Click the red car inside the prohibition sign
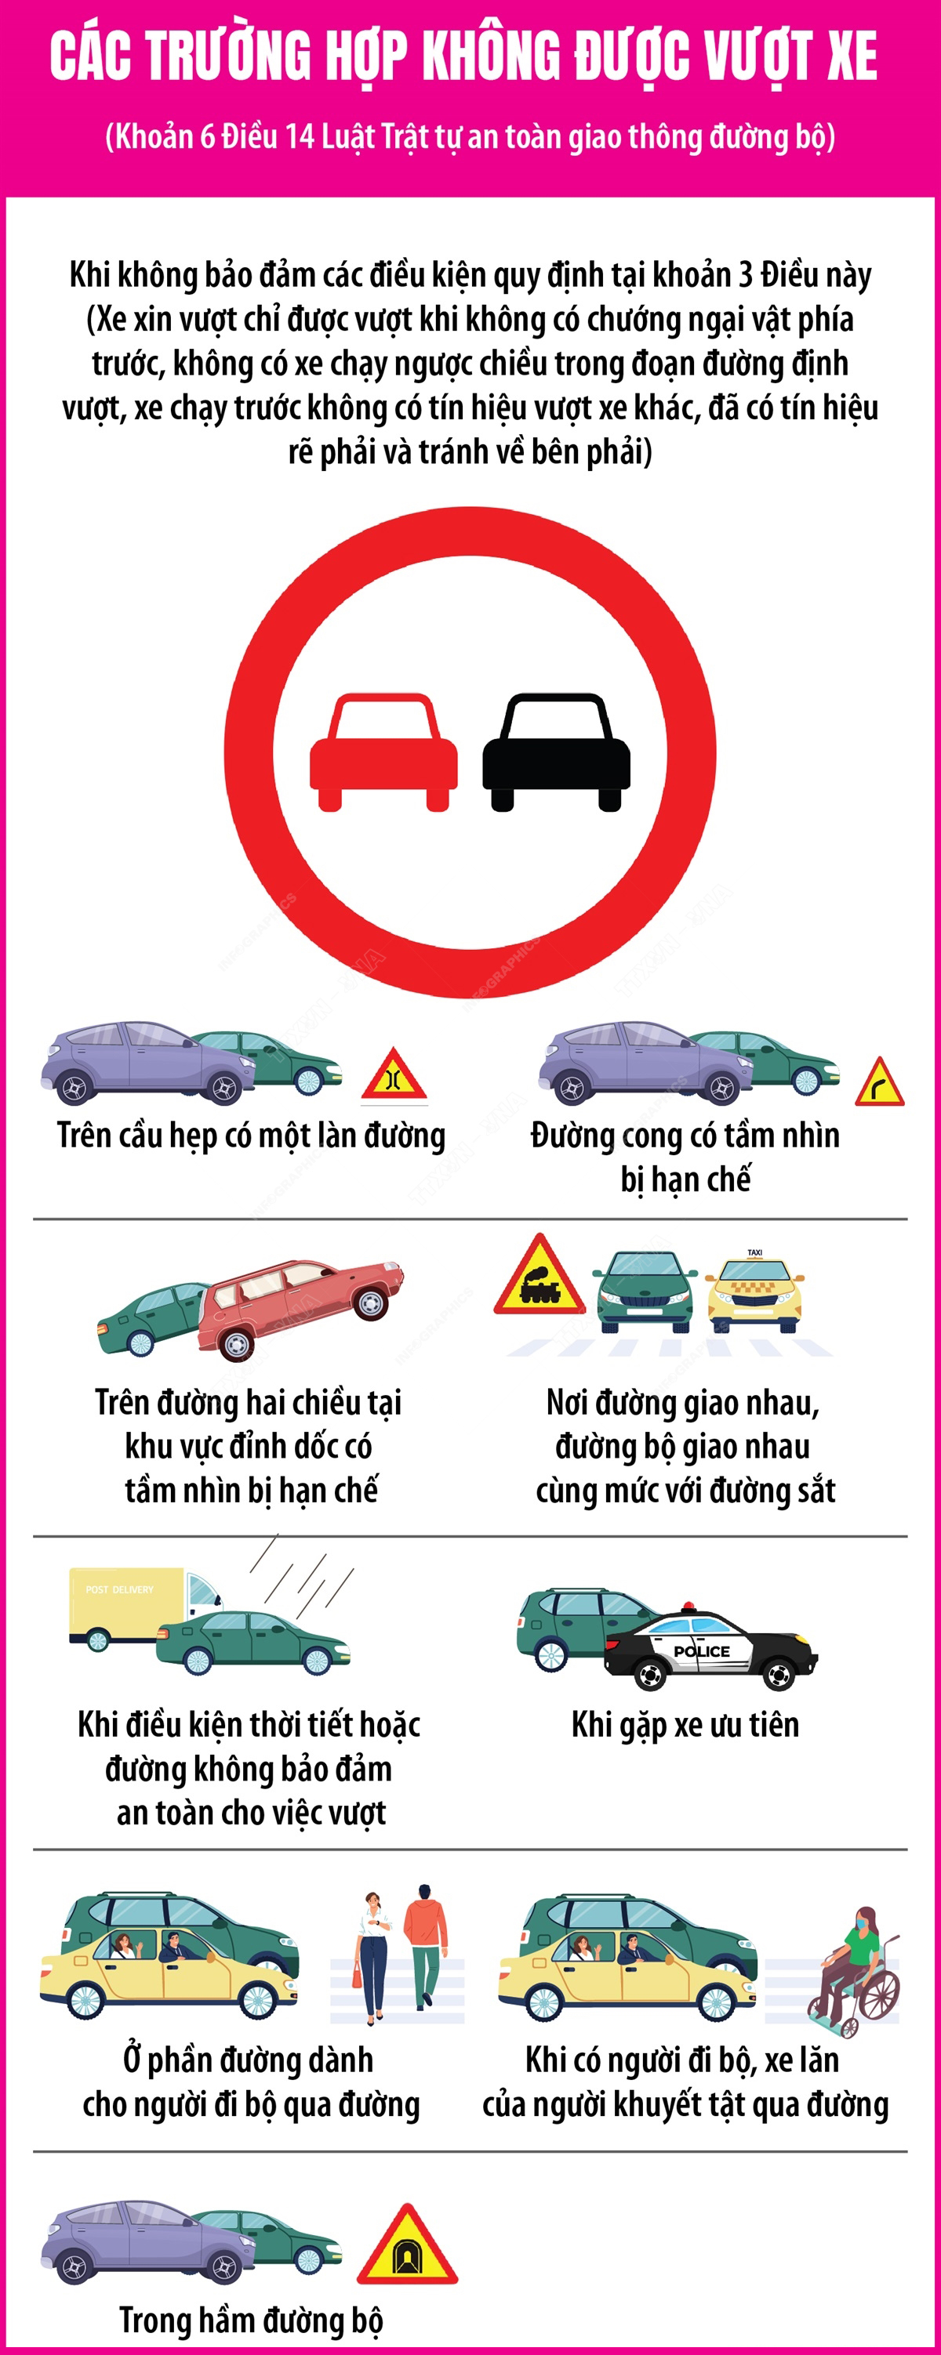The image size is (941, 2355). (383, 752)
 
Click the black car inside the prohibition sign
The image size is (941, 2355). (556, 752)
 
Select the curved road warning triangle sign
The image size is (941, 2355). (880, 1082)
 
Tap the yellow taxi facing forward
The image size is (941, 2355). (755, 1291)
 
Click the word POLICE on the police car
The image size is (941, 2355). (701, 1651)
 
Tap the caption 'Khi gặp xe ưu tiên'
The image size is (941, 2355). (685, 1725)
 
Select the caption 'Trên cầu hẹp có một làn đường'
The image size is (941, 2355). (251, 1136)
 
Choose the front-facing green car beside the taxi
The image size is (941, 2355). (644, 1291)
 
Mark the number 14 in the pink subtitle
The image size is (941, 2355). (299, 137)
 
